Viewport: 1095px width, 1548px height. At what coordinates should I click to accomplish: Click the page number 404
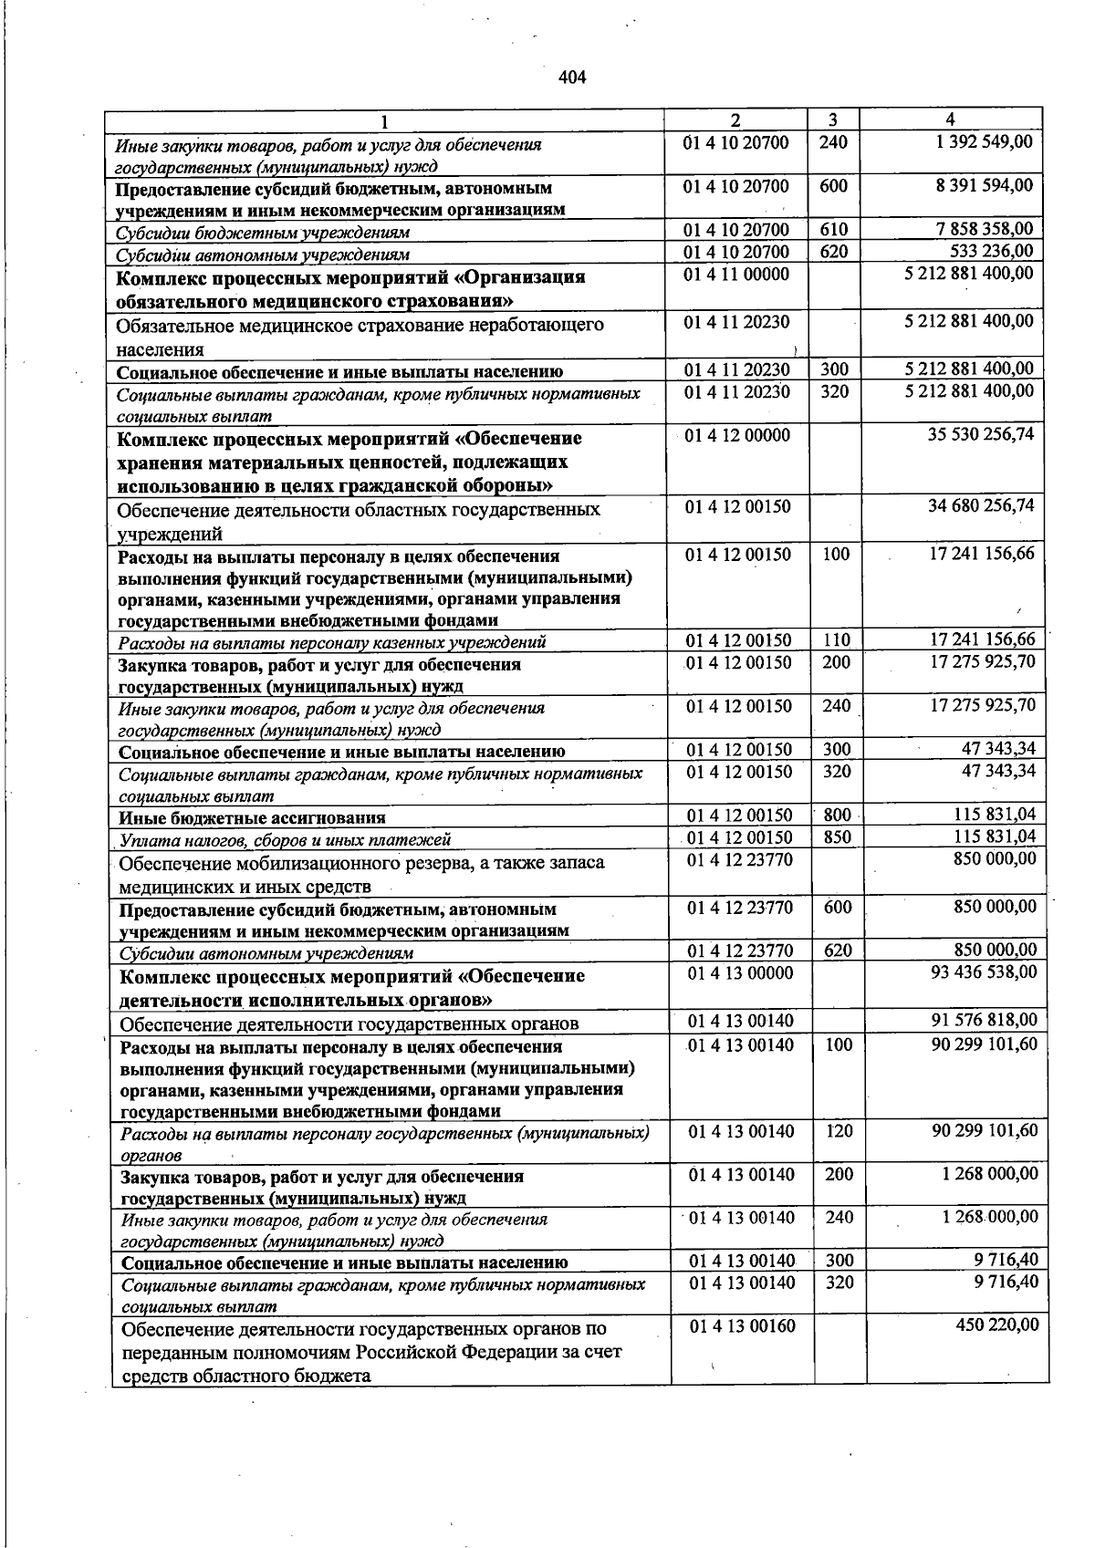(571, 78)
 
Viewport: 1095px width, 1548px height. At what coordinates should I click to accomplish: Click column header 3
(833, 119)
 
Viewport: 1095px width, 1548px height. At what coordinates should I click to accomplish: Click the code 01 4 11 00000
(736, 274)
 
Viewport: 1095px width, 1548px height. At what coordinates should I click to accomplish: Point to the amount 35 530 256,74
(981, 434)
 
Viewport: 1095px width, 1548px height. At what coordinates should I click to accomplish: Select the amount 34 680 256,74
(981, 505)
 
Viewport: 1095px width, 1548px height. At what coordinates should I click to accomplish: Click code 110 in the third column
(836, 640)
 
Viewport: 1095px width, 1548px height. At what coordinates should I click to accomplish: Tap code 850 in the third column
(836, 836)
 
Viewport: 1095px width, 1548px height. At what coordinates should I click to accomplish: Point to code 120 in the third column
(839, 1131)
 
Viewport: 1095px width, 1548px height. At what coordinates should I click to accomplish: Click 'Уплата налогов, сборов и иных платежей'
(286, 840)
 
